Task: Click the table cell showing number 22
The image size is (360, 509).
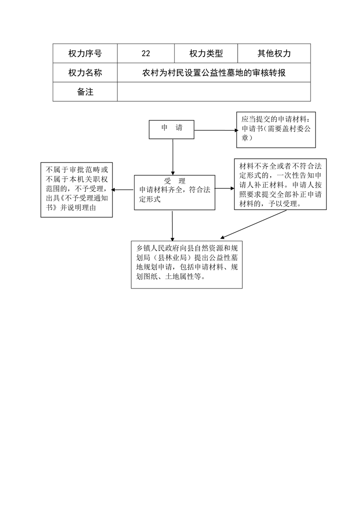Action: (x=146, y=53)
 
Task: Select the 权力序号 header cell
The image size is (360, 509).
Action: (x=85, y=53)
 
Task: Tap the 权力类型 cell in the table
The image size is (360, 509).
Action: (x=206, y=53)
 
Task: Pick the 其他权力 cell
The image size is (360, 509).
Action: (x=274, y=53)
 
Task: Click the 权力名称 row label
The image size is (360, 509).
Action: (x=85, y=73)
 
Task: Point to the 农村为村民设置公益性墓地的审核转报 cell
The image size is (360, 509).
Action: (x=214, y=73)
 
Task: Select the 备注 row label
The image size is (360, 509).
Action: (x=85, y=92)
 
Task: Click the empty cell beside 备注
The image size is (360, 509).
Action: (x=214, y=92)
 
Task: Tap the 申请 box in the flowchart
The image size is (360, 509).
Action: (x=171, y=130)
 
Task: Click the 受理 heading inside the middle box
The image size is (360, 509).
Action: (x=175, y=181)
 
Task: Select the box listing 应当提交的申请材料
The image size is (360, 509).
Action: (x=276, y=130)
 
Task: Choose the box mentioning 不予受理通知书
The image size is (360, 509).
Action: (x=77, y=190)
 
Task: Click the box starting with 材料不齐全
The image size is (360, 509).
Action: (x=280, y=184)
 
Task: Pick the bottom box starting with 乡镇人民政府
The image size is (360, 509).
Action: (x=186, y=264)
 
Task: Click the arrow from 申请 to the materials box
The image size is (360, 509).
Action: (x=216, y=131)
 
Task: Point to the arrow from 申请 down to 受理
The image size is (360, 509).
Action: (x=173, y=157)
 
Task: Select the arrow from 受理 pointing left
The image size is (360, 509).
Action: (x=123, y=190)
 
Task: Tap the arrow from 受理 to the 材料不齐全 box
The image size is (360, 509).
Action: (x=224, y=188)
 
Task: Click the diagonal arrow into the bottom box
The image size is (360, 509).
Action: (x=253, y=224)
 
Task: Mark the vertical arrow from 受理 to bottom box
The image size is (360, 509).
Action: (x=172, y=225)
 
